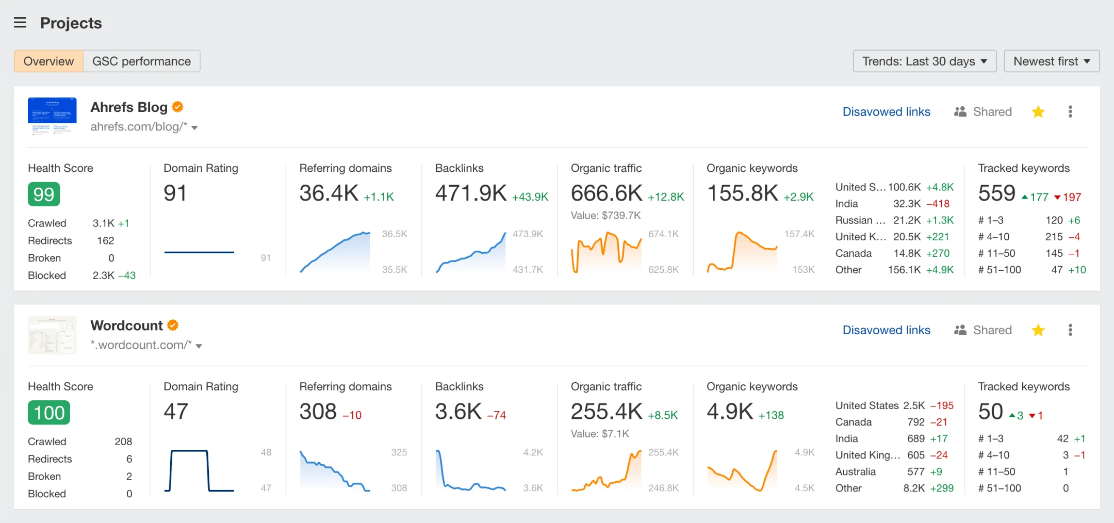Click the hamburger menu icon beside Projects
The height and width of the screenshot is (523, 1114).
[x=20, y=23]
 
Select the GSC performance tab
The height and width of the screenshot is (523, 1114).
[x=141, y=61]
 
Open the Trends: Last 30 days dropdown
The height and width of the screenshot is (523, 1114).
[x=924, y=61]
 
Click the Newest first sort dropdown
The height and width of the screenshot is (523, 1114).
[x=1051, y=61]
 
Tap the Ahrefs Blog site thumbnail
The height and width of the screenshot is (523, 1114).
[x=52, y=116]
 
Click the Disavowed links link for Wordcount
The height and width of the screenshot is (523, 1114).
[x=886, y=330]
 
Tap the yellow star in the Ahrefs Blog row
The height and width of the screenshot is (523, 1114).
[x=1038, y=112]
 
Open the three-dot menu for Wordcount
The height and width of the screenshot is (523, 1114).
[x=1070, y=330]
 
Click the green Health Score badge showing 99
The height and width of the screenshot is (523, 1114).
[x=44, y=194]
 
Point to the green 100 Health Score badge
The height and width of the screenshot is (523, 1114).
[x=49, y=413]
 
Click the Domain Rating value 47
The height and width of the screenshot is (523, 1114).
[x=176, y=412]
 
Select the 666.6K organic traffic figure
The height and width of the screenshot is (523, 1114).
[x=607, y=193]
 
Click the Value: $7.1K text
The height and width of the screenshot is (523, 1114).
[x=600, y=434]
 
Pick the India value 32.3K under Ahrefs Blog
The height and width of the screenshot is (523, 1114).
[x=907, y=204]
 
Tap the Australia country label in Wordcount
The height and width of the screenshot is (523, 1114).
[x=855, y=471]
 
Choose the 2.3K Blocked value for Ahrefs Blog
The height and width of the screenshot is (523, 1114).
[x=103, y=275]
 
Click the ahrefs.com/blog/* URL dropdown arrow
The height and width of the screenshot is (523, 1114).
[x=195, y=127]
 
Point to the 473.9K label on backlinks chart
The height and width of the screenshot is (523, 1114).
[x=528, y=234]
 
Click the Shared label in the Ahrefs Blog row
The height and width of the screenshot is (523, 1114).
[x=992, y=112]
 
